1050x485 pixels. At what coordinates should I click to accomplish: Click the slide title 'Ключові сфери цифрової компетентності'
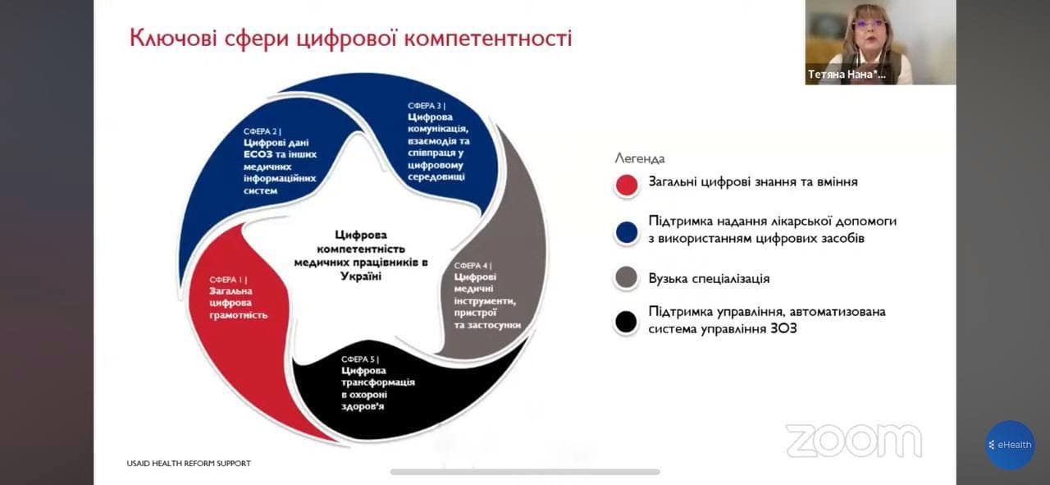(350, 39)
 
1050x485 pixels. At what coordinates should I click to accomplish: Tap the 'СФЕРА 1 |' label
(228, 280)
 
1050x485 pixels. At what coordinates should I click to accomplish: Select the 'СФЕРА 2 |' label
(262, 132)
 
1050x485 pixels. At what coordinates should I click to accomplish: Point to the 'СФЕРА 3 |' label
(427, 106)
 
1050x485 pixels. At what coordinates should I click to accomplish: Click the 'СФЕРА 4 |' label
(473, 266)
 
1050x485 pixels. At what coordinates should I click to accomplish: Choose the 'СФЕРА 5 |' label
(360, 359)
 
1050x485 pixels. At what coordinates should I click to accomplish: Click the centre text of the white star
(361, 256)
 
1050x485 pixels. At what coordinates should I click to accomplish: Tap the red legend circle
(627, 185)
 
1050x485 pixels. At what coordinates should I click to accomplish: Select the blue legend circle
(627, 232)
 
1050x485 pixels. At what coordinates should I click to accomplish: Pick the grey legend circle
(627, 277)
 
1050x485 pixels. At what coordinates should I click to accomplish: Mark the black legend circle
(627, 322)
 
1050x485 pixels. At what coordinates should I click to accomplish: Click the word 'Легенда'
(640, 159)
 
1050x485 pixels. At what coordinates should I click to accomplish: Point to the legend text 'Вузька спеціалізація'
(710, 279)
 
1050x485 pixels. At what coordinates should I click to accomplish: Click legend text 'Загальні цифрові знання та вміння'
(753, 182)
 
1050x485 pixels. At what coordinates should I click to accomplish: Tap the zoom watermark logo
(854, 441)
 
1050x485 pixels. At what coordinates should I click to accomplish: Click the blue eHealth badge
(1010, 445)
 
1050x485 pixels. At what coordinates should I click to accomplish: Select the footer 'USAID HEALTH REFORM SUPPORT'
(189, 464)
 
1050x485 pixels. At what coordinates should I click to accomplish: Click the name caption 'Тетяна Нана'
(847, 75)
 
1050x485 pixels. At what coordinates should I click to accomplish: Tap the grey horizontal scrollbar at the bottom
(525, 472)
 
